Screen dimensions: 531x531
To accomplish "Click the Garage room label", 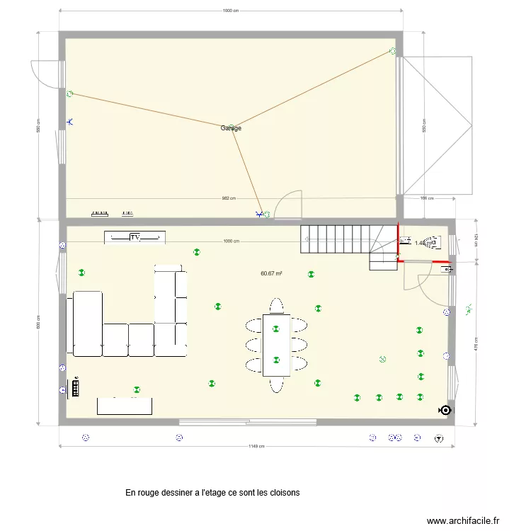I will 231,128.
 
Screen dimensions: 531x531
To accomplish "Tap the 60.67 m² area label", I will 271,273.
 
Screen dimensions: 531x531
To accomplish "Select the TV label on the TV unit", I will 135,236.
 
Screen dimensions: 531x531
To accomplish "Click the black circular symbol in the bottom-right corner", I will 445,410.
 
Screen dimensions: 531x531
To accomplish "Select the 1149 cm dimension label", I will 256,447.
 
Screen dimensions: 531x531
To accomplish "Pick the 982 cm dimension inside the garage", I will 228,199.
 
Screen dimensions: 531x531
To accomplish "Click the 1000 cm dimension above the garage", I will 230,11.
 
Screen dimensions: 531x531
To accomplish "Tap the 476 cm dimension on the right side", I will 476,344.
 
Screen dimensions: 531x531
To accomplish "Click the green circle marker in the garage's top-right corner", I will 393,51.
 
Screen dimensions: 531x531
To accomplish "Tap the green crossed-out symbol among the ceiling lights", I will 382,359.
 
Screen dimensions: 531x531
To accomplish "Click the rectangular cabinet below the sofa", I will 125,406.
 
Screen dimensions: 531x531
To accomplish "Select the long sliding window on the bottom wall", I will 247,422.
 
